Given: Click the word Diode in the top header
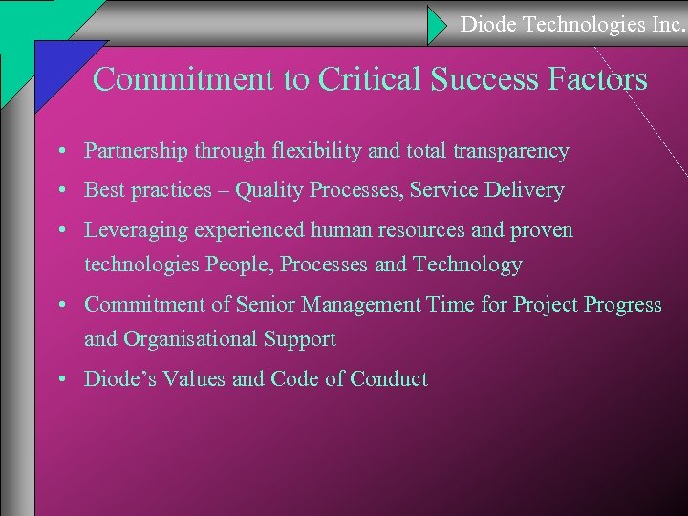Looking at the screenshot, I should point(487,24).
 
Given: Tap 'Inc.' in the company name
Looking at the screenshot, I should point(665,24).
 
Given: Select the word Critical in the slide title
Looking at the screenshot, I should point(372,78).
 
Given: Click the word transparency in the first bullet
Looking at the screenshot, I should point(514,151).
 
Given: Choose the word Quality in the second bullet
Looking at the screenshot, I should point(268,190).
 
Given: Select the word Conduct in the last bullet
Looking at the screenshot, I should point(389,379).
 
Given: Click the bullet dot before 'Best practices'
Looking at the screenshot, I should point(60,191).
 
